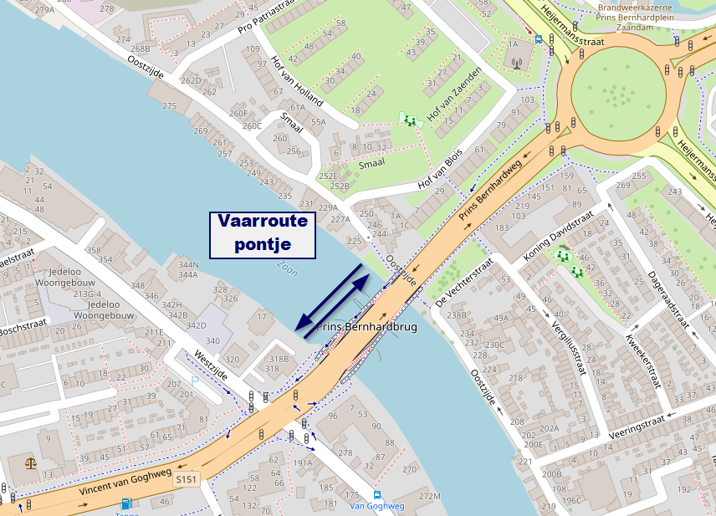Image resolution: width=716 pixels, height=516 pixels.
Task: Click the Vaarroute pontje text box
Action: (x=263, y=233)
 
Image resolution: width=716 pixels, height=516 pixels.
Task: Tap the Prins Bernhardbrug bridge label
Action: (x=367, y=327)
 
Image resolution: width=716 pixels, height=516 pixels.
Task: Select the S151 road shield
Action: (x=187, y=480)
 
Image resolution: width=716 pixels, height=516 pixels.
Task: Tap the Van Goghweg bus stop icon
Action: (x=377, y=494)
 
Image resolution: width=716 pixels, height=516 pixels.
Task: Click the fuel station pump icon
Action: (x=126, y=503)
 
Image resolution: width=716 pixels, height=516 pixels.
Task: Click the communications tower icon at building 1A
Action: (x=516, y=62)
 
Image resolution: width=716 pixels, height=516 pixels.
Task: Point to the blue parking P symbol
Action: (x=195, y=381)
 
